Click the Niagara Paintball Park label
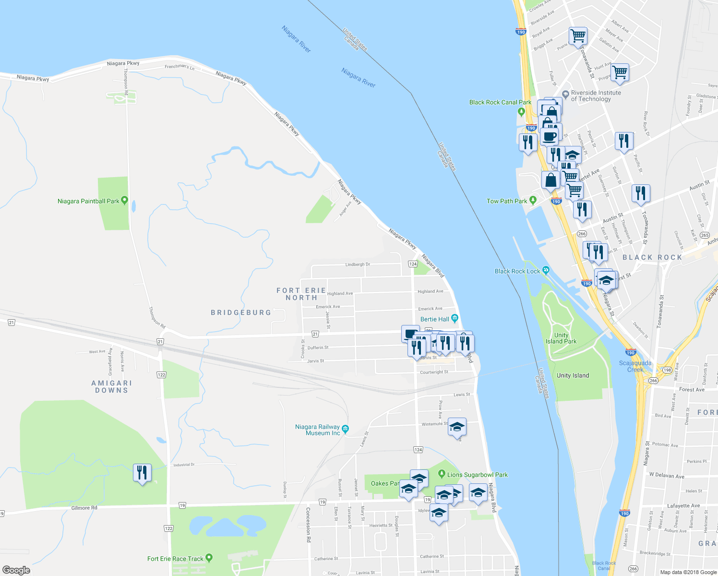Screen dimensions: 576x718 [x=88, y=201]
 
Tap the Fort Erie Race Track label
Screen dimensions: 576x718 [x=175, y=559]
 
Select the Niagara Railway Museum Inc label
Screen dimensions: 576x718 [x=317, y=430]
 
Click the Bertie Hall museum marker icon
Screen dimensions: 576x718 [x=455, y=319]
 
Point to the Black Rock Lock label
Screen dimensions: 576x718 [x=517, y=271]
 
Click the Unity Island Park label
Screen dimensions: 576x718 [x=561, y=338]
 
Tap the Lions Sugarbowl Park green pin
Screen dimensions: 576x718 [x=442, y=474]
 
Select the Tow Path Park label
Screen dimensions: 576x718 [x=507, y=201]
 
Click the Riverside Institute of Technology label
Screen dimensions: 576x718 [x=596, y=96]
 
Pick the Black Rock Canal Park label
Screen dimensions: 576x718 [x=500, y=102]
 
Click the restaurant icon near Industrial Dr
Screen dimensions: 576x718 [x=142, y=473]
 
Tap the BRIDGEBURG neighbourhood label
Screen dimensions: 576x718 [x=241, y=312]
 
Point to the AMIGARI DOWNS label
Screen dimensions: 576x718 [x=112, y=386]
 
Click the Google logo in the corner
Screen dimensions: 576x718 [x=16, y=570]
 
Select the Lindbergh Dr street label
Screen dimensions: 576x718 [x=358, y=264]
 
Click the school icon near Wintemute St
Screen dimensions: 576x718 [x=457, y=427]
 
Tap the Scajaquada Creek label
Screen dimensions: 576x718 [x=635, y=366]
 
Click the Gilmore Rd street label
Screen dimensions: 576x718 [x=84, y=508]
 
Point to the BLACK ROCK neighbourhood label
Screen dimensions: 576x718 [x=652, y=258]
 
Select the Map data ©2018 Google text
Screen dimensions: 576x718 [x=688, y=572]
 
